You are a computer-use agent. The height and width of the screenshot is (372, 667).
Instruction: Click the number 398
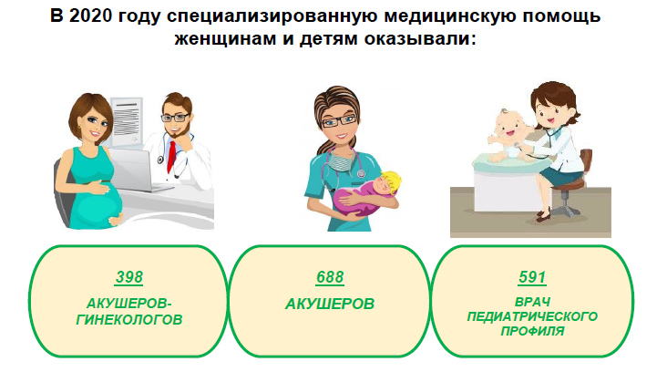pos(128,277)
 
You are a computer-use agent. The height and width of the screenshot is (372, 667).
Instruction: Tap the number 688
pos(330,277)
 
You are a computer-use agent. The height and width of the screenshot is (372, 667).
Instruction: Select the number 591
pos(532,277)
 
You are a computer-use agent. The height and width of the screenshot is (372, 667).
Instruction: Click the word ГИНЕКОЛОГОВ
pos(128,320)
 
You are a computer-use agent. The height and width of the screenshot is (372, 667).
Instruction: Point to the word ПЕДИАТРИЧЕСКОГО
pos(532,316)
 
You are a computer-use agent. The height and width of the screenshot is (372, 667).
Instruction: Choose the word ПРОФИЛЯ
pos(532,331)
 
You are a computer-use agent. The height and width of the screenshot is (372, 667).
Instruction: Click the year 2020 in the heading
pos(90,15)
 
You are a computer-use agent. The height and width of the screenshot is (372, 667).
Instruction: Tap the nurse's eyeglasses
pos(339,121)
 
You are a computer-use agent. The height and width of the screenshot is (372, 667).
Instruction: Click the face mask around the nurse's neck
pos(340,160)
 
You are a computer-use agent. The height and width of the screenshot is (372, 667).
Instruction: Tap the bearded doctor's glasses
pos(175,117)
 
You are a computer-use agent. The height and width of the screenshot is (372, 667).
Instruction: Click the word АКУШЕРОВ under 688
pos(330,304)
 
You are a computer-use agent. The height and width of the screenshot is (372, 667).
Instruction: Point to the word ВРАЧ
pos(532,302)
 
